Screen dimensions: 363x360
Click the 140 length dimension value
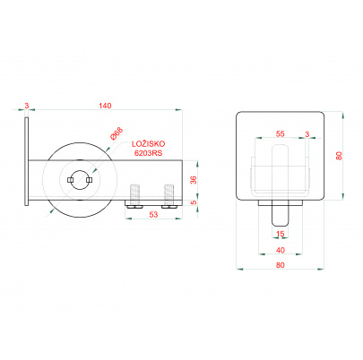(x=105, y=106)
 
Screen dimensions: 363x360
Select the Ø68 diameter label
(x=117, y=133)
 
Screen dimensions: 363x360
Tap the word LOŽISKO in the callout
(x=149, y=144)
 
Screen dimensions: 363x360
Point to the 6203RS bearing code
(x=149, y=152)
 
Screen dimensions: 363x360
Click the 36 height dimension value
(x=194, y=180)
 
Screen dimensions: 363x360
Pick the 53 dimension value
(x=153, y=214)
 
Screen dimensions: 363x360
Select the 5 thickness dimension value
(x=194, y=202)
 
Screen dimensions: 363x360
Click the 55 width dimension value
(x=280, y=134)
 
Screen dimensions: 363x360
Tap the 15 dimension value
(x=280, y=234)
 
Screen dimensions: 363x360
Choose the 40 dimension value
(x=281, y=250)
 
